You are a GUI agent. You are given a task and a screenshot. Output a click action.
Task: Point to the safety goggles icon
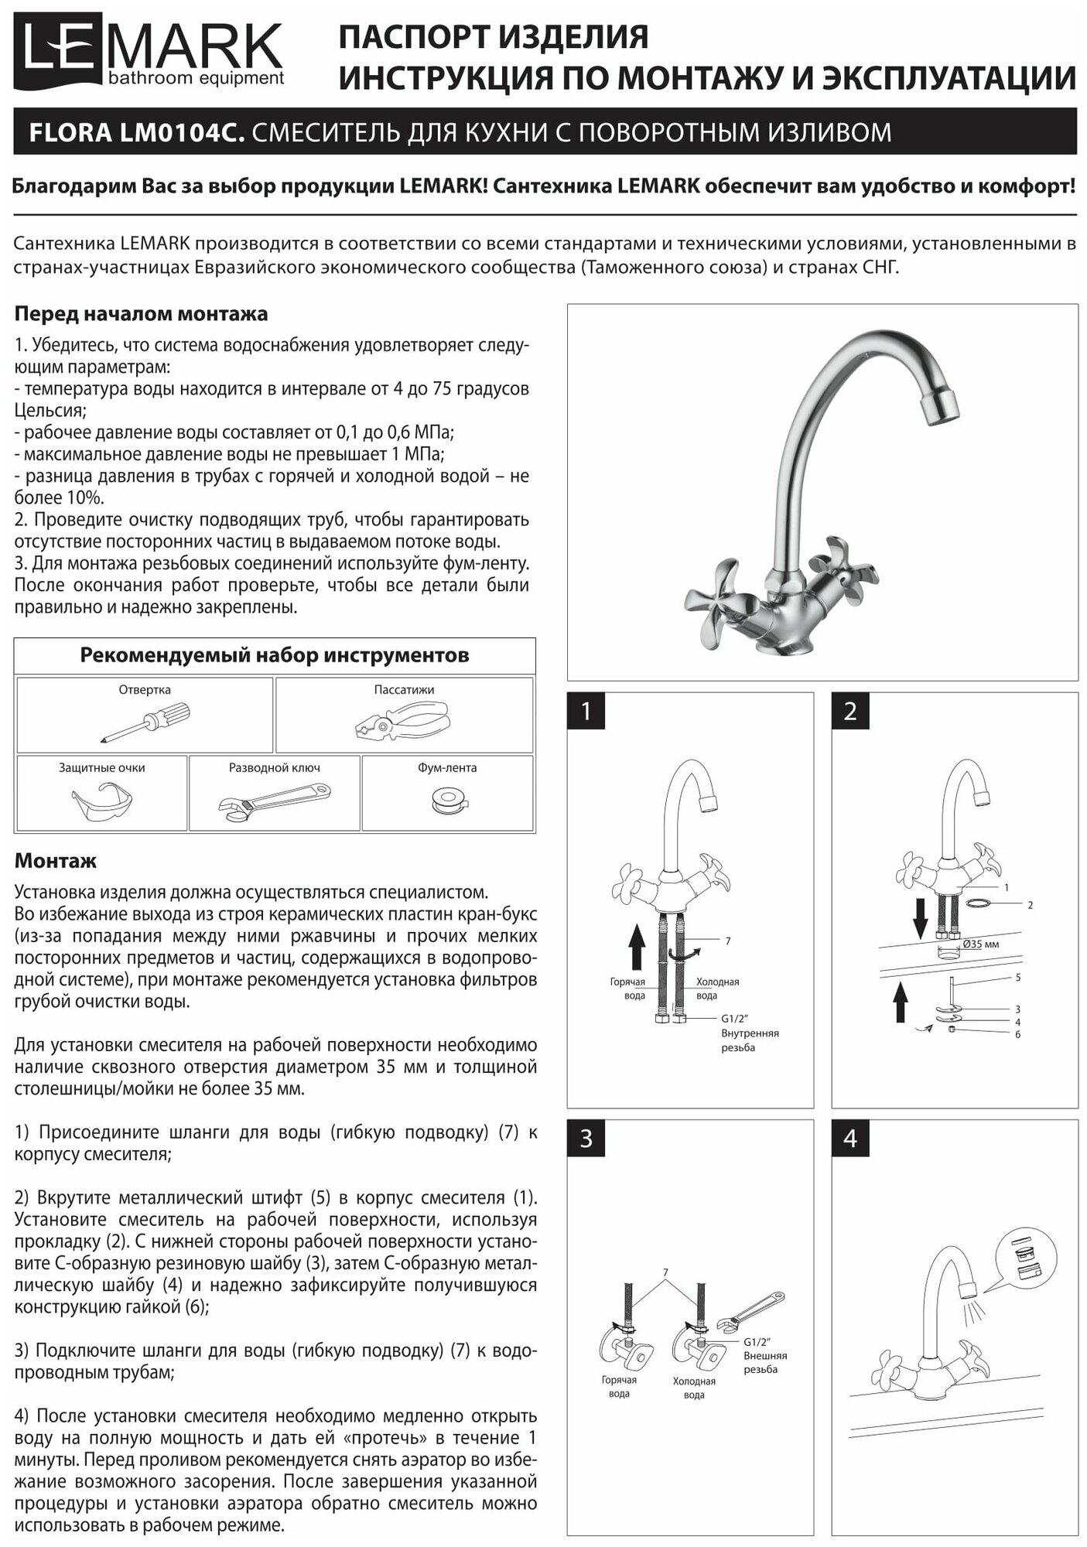(101, 804)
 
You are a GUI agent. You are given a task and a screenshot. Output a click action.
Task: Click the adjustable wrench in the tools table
(274, 803)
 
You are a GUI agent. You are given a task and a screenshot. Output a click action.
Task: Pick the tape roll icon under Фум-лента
(447, 801)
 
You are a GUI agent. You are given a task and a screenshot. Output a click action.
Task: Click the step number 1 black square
(586, 711)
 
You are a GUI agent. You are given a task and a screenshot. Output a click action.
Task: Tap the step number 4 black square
(850, 1139)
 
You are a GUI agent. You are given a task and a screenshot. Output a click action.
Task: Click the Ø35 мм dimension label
(980, 944)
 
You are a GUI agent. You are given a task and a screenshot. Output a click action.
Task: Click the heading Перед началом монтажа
(141, 314)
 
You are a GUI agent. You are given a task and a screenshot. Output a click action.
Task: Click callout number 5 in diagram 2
(1018, 978)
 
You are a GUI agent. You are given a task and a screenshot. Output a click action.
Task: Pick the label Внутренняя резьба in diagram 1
(749, 1040)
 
